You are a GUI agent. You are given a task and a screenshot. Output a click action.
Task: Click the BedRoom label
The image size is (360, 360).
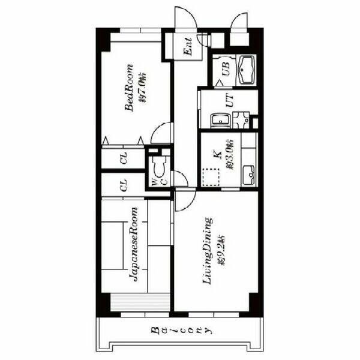128,88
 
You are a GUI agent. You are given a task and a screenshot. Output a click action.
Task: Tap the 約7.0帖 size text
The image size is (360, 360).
142,88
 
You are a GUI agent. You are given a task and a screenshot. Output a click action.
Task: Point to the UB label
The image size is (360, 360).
225,70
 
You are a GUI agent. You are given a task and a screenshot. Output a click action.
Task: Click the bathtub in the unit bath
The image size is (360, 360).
247,71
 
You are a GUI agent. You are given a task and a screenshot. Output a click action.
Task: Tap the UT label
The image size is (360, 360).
229,100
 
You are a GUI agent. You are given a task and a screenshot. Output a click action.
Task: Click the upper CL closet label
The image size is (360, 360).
123,159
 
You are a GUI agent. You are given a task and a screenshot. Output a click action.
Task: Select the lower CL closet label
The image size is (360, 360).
123,185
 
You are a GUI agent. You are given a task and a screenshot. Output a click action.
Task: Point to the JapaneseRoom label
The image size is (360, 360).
134,244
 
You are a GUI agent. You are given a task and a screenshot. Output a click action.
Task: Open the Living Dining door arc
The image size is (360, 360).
183,201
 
